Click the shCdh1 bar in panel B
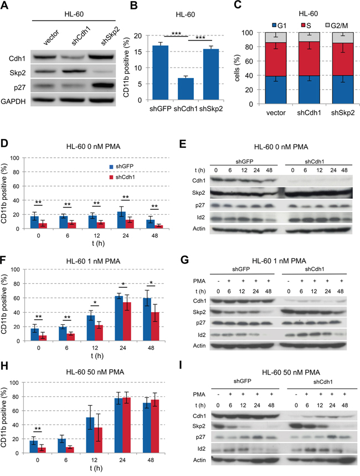186,89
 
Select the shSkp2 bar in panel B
211,74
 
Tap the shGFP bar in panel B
160,73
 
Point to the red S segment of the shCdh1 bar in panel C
309,59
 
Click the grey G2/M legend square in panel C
328,25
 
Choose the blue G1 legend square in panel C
274,25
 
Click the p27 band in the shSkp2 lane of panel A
101,87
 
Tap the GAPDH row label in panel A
13,101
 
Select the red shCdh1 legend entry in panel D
121,177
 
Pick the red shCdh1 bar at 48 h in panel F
155,327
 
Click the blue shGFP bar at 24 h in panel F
119,318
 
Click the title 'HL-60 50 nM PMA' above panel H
95,372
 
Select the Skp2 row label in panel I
199,426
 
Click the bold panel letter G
184,260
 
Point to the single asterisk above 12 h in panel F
95,303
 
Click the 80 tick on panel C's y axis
249,46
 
